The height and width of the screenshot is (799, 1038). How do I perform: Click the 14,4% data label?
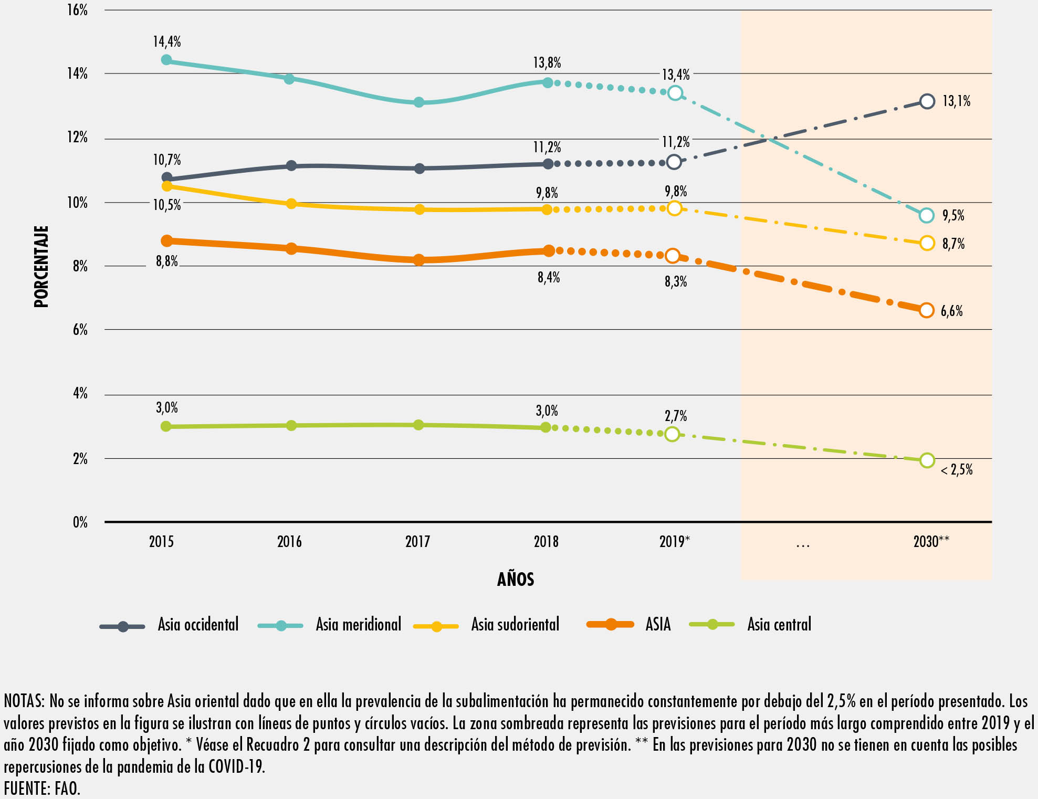point(167,42)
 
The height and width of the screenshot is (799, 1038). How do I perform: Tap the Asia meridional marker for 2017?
point(418,102)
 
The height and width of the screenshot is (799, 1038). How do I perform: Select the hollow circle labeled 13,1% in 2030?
point(927,101)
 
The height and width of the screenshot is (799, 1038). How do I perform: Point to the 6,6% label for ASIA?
point(951,311)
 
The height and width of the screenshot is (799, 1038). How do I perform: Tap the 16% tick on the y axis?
point(77,10)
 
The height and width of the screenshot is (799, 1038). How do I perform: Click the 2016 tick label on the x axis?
point(289,542)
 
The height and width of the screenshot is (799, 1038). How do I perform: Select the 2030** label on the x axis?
point(931,542)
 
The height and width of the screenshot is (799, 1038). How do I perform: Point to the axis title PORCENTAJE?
point(41,266)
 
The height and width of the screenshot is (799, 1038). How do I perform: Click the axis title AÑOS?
point(516,580)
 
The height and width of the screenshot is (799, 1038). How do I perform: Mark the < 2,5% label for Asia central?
point(957,470)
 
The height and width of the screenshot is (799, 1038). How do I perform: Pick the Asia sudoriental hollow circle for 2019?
point(674,208)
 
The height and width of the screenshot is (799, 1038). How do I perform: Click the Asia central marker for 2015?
point(166,426)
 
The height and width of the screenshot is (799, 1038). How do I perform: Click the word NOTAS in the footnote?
point(23,701)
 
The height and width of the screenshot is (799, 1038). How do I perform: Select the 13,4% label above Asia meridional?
point(676,75)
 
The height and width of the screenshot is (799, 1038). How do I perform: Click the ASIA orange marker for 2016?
point(291,248)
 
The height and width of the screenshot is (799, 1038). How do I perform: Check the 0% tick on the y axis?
point(80,522)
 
